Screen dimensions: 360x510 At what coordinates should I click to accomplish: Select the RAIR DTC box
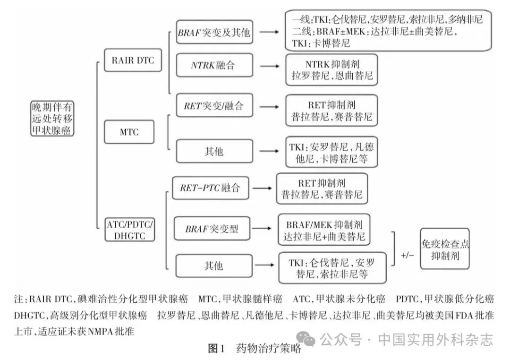coord(129,60)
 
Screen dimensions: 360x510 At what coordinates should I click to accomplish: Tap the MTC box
coord(129,132)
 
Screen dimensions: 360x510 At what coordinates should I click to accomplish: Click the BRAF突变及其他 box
coord(214,33)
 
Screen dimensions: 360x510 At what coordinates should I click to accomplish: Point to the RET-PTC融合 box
coord(210,188)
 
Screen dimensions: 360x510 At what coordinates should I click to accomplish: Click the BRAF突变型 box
coord(212,230)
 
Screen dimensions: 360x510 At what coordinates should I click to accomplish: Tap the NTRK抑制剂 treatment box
coord(331,69)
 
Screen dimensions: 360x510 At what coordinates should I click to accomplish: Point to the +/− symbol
coord(408,255)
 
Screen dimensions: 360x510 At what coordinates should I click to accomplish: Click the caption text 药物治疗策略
coord(268,349)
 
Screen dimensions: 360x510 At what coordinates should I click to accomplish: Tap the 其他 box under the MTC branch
coord(214,152)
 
